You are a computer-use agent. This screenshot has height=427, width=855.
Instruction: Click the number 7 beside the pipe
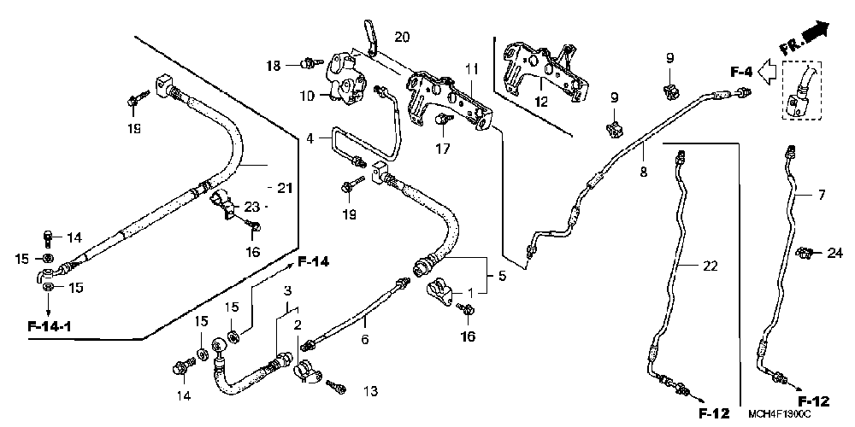[821, 196]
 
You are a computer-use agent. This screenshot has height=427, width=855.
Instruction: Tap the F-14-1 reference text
[50, 325]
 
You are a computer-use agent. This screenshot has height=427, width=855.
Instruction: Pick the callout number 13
[369, 391]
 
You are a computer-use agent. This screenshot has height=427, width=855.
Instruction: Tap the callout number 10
[307, 97]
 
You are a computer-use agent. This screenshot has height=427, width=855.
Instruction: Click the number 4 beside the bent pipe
[312, 137]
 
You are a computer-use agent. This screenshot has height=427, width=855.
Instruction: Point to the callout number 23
[251, 206]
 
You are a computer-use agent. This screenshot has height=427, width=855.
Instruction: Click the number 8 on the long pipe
[643, 173]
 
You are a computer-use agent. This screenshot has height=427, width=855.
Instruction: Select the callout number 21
[284, 187]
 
